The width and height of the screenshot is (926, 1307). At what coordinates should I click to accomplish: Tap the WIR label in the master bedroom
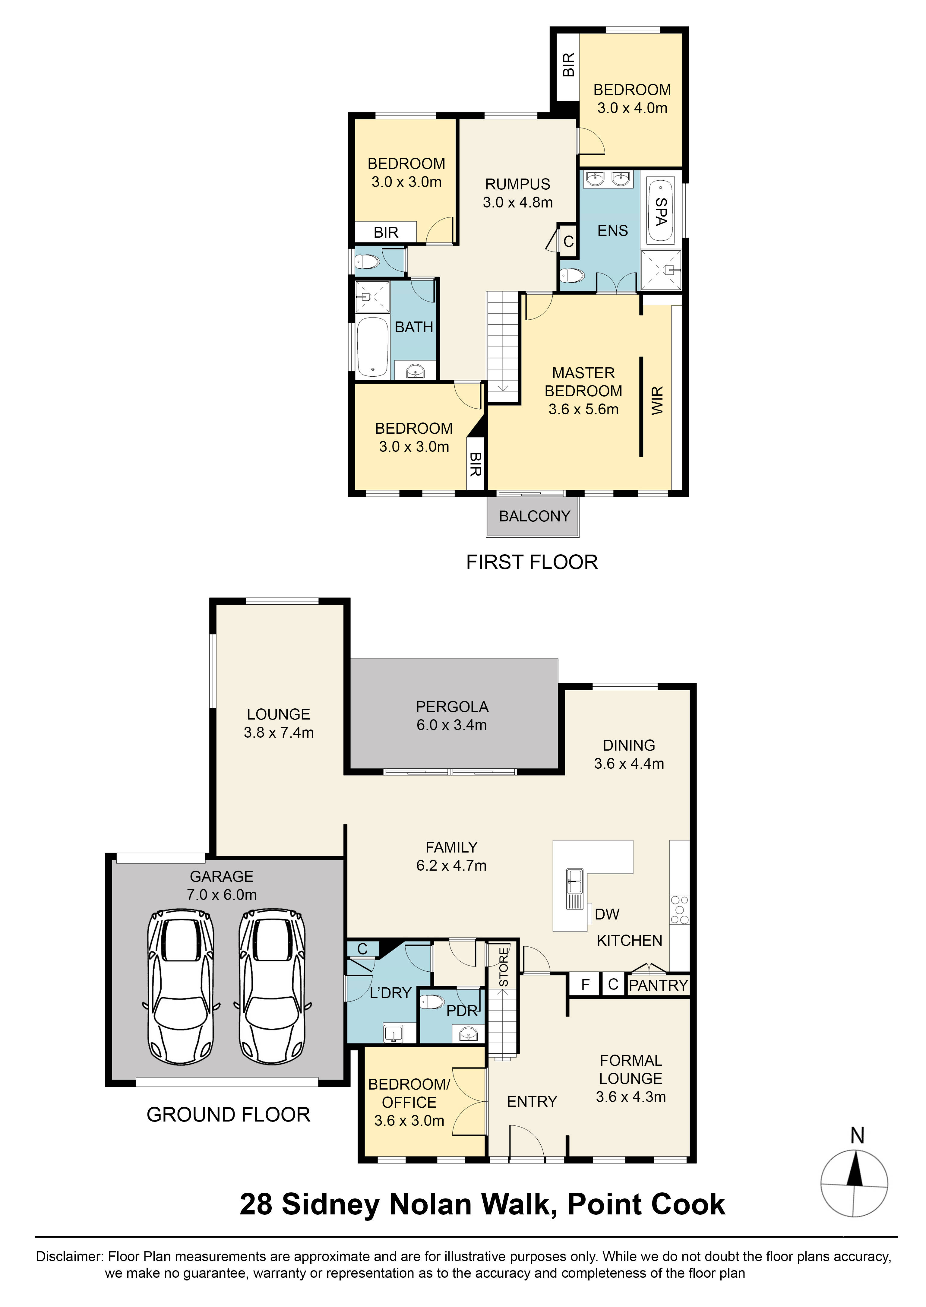click(x=657, y=400)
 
